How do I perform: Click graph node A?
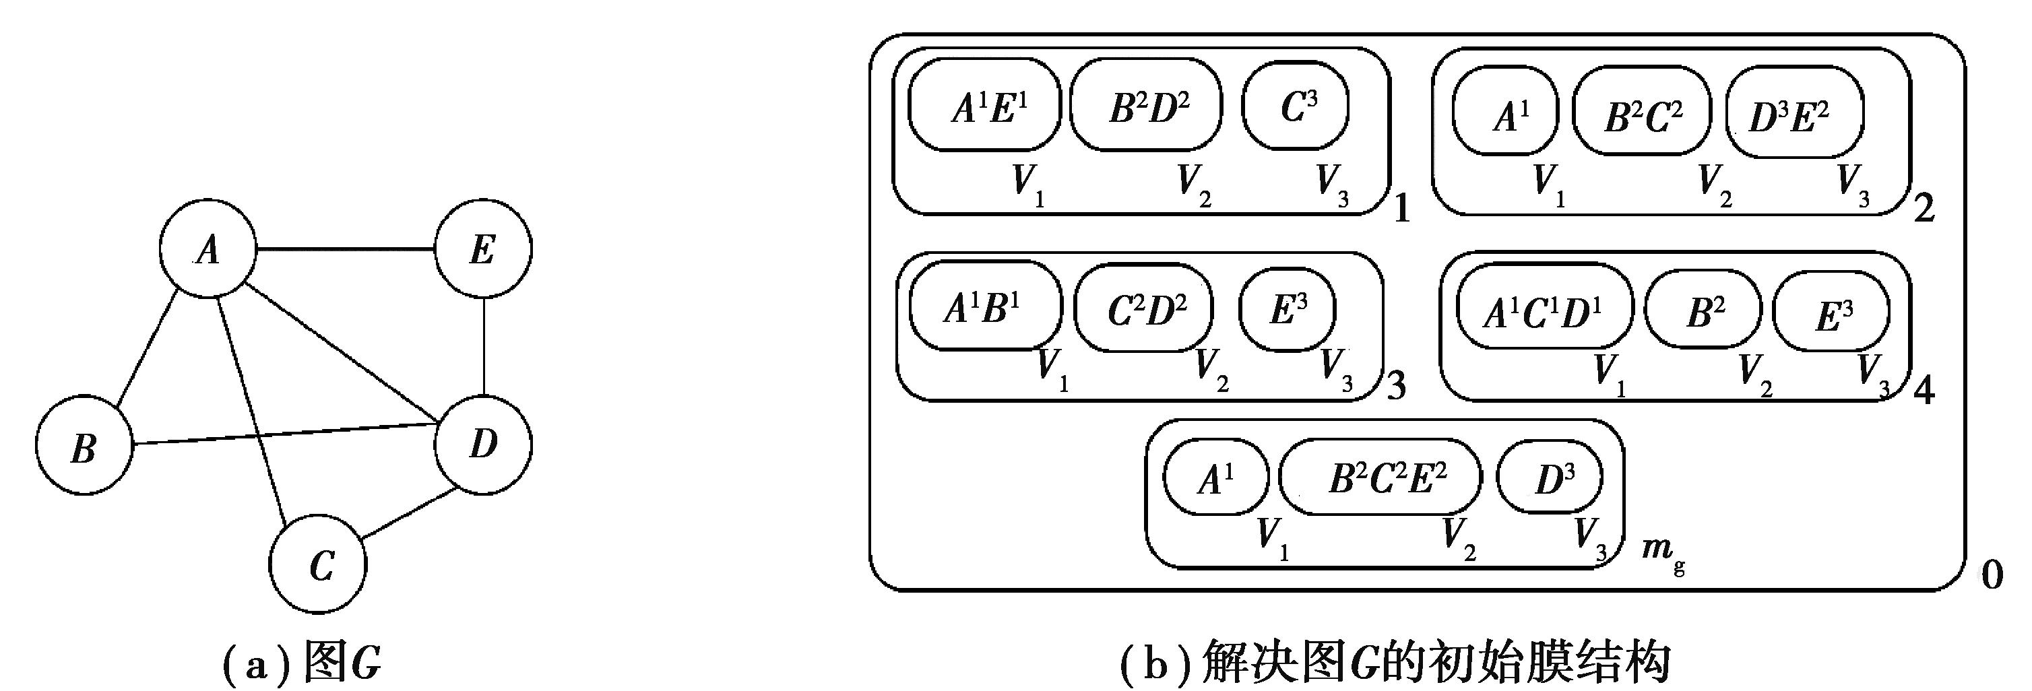(x=208, y=249)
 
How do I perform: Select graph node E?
(x=484, y=249)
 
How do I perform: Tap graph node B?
(x=84, y=447)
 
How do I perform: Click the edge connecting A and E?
(x=346, y=249)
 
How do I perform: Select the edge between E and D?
(x=484, y=347)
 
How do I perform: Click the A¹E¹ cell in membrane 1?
(x=984, y=106)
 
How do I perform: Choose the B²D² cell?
(x=1146, y=106)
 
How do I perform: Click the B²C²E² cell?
(x=1381, y=478)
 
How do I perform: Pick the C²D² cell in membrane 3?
(x=1145, y=308)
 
